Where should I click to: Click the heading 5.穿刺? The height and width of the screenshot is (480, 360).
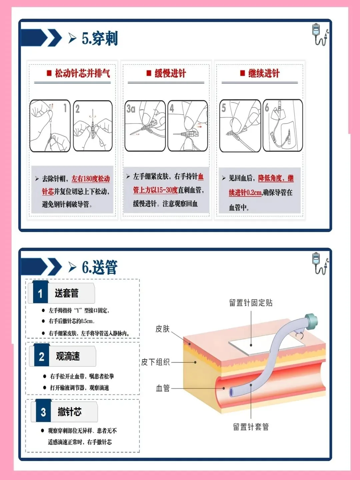click(100, 38)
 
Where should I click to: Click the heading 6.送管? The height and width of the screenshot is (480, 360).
click(100, 267)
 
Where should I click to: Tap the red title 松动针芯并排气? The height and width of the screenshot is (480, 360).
click(82, 73)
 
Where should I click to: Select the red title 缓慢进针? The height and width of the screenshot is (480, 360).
click(170, 73)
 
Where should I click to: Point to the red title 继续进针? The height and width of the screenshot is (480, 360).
click(264, 73)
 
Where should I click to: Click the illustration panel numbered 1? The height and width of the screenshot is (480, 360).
click(50, 126)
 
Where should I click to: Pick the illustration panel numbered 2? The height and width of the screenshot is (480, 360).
click(93, 126)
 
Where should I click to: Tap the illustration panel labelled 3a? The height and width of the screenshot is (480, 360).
click(145, 126)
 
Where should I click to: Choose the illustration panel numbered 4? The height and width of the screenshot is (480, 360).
click(188, 126)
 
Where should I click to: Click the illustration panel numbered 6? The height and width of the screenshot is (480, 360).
click(283, 125)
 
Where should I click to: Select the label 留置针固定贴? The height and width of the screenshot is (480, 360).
click(251, 303)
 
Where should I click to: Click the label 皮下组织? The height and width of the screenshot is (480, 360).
click(155, 362)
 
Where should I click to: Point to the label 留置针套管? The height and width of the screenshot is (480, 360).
click(251, 427)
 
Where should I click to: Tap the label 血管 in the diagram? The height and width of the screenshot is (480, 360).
click(163, 388)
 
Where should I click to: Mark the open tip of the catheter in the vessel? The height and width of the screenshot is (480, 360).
click(231, 392)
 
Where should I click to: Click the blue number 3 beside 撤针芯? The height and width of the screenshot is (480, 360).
click(43, 412)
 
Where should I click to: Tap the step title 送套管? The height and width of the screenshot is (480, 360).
click(67, 293)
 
